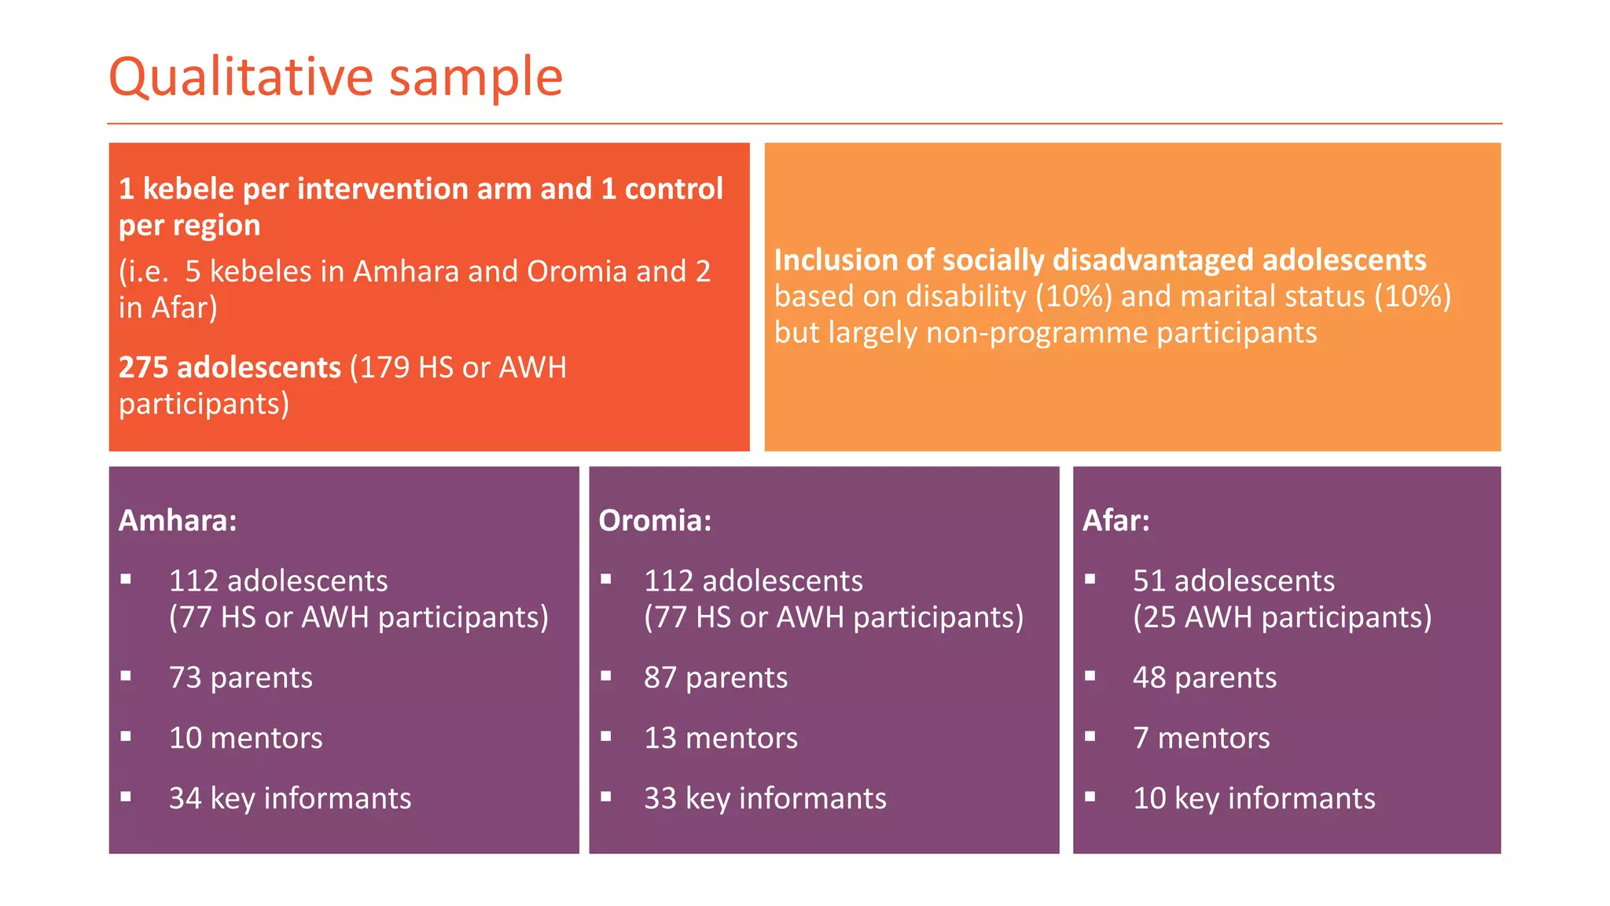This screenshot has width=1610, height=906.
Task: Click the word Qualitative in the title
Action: coord(241,78)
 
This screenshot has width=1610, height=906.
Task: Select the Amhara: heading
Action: coord(178,521)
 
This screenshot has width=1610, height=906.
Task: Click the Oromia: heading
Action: coord(655,521)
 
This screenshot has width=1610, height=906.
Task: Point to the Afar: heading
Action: coord(1116,521)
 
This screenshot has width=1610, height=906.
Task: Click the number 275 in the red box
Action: coord(143,367)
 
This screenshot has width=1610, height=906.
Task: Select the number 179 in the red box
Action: coord(384,367)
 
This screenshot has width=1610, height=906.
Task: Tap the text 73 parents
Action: coord(241,677)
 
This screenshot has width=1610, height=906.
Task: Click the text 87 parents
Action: coord(715,677)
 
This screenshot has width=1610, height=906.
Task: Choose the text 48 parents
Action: coord(1204,677)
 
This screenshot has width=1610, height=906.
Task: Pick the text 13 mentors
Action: coord(720,738)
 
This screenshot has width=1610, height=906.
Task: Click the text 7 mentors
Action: coord(1200,738)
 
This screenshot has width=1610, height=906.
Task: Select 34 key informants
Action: coord(289,798)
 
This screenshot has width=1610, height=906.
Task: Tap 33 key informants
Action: coord(765,798)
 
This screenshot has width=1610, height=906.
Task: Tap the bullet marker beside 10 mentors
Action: coord(126,737)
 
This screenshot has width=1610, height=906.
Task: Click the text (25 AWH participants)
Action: coord(1281,617)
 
